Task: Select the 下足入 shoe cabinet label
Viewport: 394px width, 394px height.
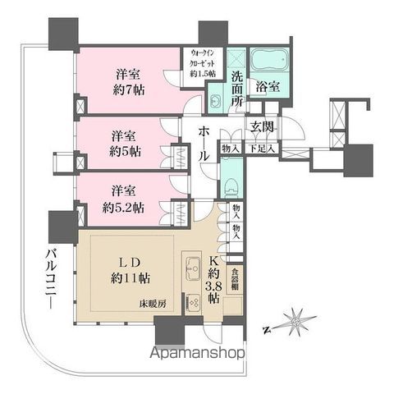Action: pyautogui.click(x=261, y=149)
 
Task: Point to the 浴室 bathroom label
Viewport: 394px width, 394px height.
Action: pyautogui.click(x=267, y=85)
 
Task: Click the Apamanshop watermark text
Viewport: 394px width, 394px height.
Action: pyautogui.click(x=196, y=354)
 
